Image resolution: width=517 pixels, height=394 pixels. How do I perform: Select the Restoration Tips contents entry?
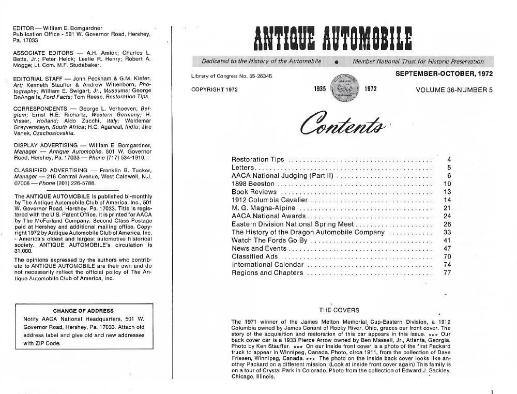tap(257, 159)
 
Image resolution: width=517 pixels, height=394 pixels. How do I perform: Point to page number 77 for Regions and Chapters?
tap(447, 273)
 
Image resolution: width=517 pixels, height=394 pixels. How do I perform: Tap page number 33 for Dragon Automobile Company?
tap(447, 232)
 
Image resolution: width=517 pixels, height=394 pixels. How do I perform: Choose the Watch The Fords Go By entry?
tap(269, 240)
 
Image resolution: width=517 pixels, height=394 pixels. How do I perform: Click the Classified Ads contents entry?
tap(255, 256)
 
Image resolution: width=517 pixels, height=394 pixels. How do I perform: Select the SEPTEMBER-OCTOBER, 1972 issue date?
tap(444, 74)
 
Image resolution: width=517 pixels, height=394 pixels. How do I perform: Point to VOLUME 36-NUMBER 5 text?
tap(454, 89)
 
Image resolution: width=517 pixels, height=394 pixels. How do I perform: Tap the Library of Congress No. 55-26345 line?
tap(232, 76)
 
